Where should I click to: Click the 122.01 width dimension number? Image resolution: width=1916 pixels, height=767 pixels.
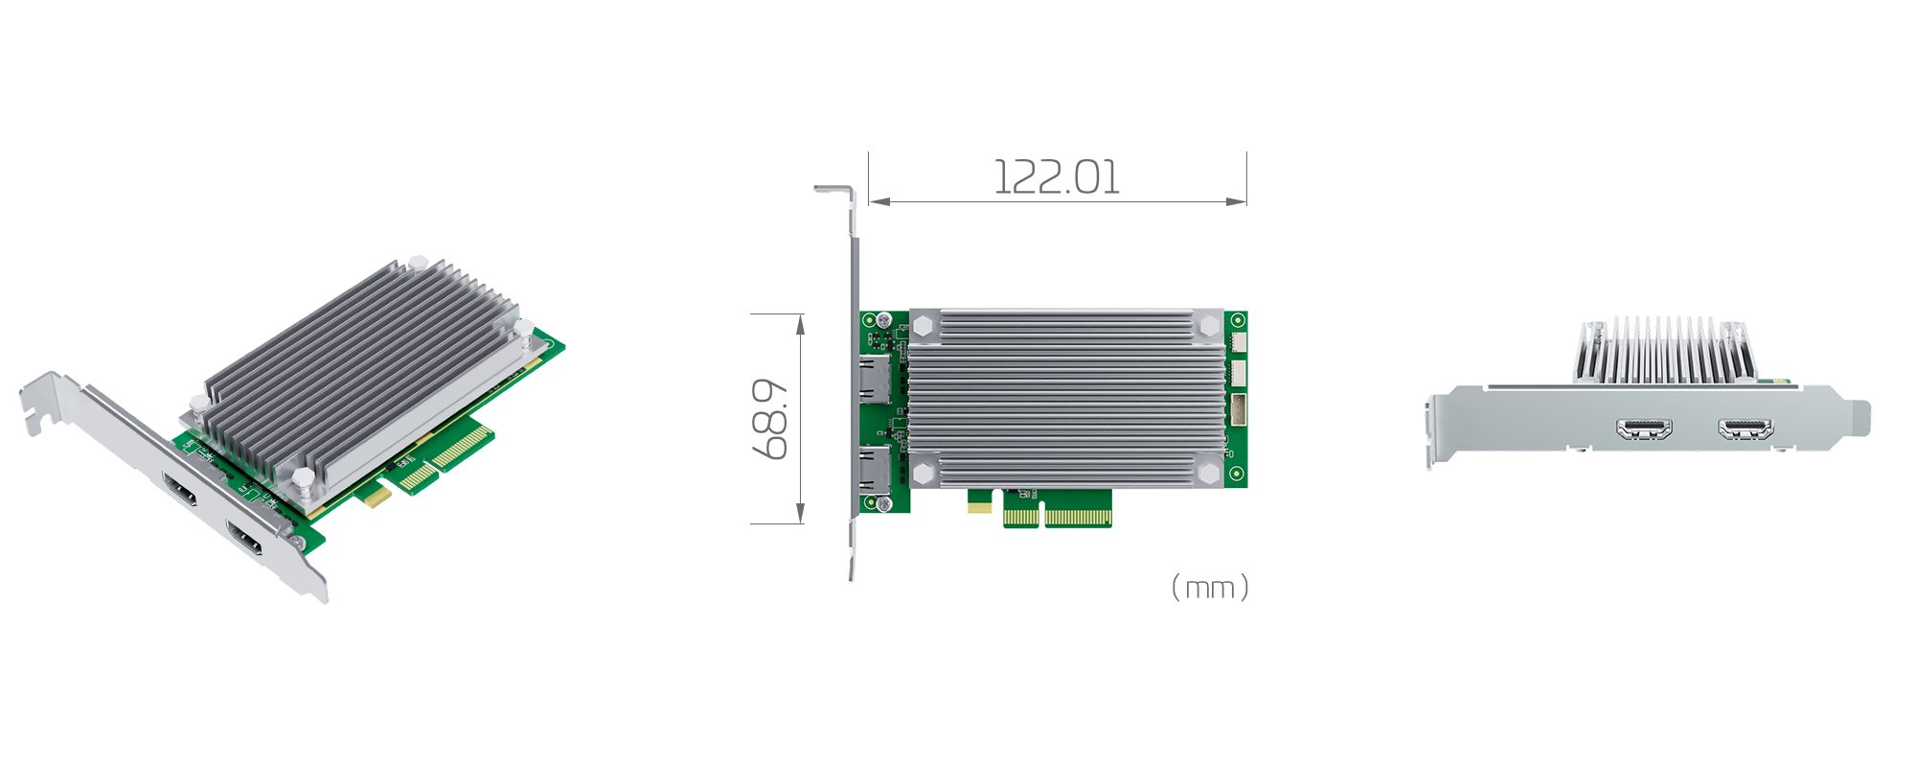point(1056,178)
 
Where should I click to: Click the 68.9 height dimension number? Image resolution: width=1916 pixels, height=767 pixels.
point(770,419)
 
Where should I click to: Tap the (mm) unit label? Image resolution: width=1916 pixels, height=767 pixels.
point(1210,587)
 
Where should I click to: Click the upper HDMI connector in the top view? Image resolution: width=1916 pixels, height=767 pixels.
point(875,379)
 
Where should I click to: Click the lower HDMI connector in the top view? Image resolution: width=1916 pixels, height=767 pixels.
point(875,470)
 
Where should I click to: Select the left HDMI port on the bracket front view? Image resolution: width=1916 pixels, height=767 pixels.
point(1644,429)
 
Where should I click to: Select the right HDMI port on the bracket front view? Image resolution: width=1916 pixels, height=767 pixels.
point(1745,429)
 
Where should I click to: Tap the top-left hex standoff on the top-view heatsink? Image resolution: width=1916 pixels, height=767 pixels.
point(924,326)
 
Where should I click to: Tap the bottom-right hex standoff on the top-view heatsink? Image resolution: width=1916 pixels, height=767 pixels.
point(1209,473)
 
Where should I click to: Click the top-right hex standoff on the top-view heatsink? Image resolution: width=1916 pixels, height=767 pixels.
point(1209,326)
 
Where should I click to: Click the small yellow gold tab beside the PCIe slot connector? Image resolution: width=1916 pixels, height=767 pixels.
point(979,506)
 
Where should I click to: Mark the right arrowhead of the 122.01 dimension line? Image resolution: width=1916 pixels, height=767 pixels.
point(1238,201)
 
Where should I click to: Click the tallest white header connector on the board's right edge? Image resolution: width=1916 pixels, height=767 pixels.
point(1238,409)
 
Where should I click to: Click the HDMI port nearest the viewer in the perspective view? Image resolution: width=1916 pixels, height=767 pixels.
point(245,540)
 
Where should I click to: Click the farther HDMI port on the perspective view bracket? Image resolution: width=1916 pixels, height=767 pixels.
point(180,490)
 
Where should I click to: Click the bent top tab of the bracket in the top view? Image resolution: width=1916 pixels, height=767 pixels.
point(833,190)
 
